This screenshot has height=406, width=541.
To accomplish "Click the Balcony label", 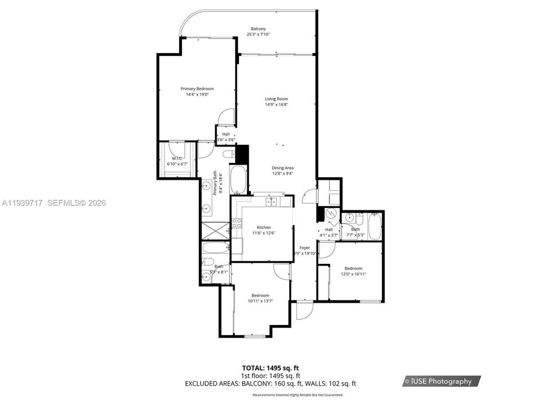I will click(x=258, y=29).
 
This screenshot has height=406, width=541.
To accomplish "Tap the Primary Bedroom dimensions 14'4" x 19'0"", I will click(x=197, y=95).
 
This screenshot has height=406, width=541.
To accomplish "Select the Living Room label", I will click(x=276, y=99).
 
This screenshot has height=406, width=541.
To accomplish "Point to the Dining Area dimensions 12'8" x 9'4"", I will click(x=282, y=174).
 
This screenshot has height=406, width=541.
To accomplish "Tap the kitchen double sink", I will click(x=272, y=202).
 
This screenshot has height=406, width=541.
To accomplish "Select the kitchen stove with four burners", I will click(x=236, y=224).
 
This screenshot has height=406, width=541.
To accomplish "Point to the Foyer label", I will click(x=304, y=248).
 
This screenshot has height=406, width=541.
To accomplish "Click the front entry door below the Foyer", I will click(x=303, y=310).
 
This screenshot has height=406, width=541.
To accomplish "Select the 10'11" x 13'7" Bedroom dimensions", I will click(x=260, y=301).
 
